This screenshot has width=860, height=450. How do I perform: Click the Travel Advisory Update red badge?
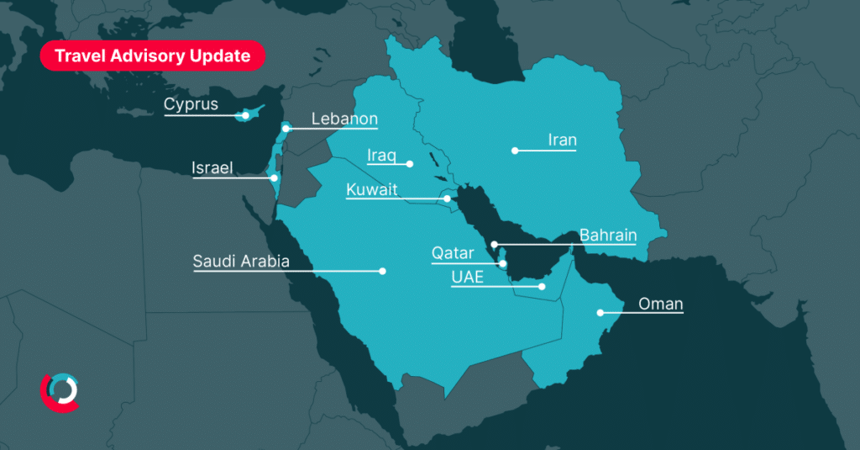(152, 56)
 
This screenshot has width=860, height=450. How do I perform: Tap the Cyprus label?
(191, 105)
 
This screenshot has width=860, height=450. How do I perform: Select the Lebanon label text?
(344, 119)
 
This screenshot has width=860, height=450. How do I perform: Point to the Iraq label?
(380, 155)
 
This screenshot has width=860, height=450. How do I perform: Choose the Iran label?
(562, 140)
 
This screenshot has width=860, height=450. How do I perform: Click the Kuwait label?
(371, 190)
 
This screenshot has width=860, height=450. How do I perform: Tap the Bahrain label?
(608, 236)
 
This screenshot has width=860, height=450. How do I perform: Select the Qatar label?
(453, 253)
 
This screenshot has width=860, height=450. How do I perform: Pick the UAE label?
(467, 278)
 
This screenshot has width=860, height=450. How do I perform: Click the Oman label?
(660, 304)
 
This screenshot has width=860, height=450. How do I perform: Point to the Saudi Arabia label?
(241, 262)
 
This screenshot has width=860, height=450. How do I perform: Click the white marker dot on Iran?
(515, 151)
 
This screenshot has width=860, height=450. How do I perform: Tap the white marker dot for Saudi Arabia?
(383, 271)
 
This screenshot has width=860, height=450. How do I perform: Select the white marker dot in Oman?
(600, 313)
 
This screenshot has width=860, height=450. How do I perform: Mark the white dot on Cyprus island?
(245, 115)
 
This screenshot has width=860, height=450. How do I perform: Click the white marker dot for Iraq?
(411, 163)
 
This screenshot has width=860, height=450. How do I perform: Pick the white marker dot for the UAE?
(542, 287)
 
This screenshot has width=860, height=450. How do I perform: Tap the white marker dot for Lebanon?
(286, 129)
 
